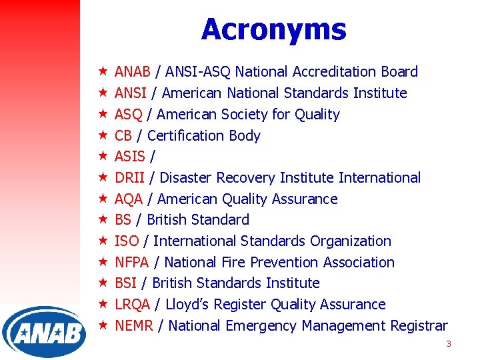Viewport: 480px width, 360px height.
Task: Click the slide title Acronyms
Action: (x=273, y=29)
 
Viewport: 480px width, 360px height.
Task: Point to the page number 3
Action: (x=449, y=344)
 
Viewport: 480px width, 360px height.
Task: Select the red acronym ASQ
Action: (x=129, y=114)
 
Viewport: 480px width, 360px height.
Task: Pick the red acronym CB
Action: (x=123, y=135)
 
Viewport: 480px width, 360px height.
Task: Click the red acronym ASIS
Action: (x=130, y=157)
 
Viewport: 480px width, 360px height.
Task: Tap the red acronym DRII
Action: (x=130, y=178)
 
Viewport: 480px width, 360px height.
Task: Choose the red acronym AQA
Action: (x=129, y=199)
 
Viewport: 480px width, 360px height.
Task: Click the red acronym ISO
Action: (x=127, y=241)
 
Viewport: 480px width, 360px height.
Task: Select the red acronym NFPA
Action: (x=133, y=262)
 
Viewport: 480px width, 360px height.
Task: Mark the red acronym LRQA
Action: (x=133, y=304)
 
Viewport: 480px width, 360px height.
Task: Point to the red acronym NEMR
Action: (x=134, y=325)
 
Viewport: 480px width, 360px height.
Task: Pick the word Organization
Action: (x=349, y=241)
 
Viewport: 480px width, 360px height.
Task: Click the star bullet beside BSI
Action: (x=103, y=283)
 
